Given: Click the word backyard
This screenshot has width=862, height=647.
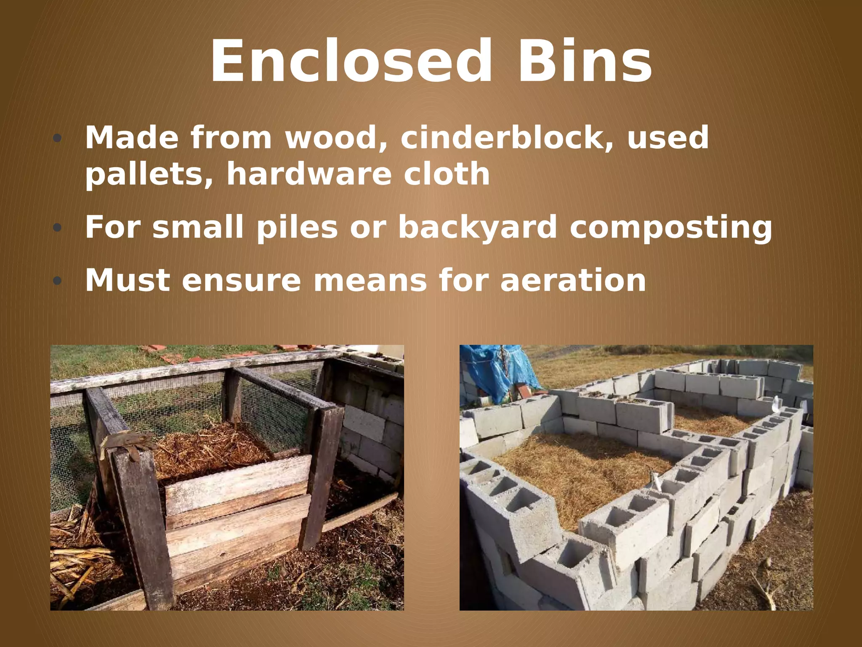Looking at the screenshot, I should click(478, 227).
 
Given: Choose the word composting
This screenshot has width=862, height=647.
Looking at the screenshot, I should click(671, 227).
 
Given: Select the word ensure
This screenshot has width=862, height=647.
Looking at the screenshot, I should click(242, 281).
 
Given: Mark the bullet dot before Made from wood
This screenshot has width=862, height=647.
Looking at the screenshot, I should click(57, 139).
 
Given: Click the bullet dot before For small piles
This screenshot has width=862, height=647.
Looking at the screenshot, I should click(57, 228).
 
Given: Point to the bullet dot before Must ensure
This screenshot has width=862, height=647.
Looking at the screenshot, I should click(57, 281).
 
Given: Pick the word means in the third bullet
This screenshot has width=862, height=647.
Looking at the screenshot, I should click(370, 281).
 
